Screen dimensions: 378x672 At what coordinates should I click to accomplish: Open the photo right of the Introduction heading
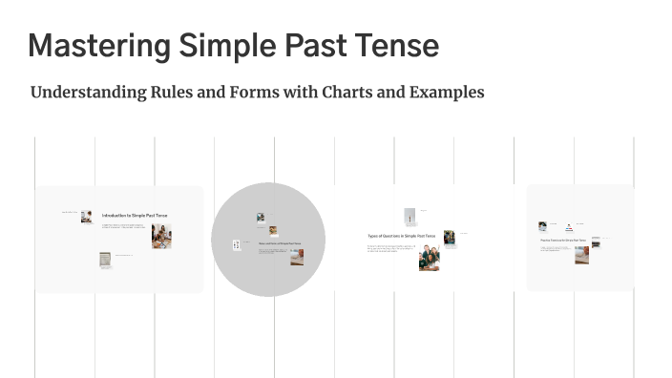(160, 236)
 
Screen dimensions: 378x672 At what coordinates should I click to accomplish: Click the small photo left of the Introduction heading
(87, 217)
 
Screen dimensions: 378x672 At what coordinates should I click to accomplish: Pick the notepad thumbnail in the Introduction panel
(105, 260)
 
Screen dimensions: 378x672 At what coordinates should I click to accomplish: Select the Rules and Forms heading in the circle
(280, 243)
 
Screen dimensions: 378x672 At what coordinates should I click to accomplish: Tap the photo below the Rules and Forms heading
(297, 256)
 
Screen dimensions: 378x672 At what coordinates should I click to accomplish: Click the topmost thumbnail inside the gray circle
(260, 218)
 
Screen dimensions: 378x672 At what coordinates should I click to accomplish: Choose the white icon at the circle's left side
(237, 246)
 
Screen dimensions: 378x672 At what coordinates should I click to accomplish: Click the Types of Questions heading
(401, 235)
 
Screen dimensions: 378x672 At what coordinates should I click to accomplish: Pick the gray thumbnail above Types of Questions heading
(409, 216)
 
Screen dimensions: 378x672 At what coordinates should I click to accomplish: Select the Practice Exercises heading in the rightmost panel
(562, 240)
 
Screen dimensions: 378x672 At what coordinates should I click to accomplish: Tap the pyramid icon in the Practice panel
(567, 227)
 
